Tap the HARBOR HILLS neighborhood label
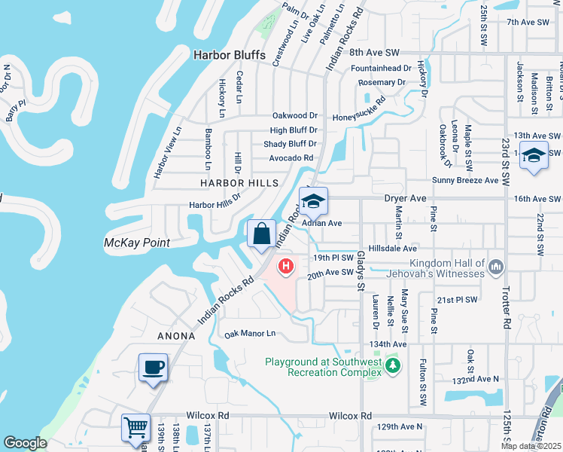pyautogui.click(x=239, y=183)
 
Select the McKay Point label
pyautogui.click(x=136, y=243)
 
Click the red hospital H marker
pyautogui.click(x=286, y=266)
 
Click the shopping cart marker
pyautogui.click(x=136, y=427)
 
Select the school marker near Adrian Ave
pyautogui.click(x=312, y=201)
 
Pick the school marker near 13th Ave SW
pyautogui.click(x=534, y=156)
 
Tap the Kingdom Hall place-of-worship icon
pyautogui.click(x=495, y=267)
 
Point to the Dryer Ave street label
pyautogui.click(x=406, y=198)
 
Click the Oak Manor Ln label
pyautogui.click(x=250, y=333)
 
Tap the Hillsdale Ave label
pyautogui.click(x=392, y=248)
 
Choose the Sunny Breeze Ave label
pyautogui.click(x=465, y=181)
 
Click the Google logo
pyautogui.click(x=25, y=443)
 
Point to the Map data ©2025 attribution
pyautogui.click(x=531, y=447)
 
